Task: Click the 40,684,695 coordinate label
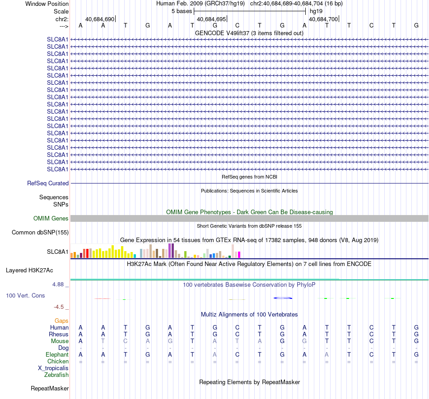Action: [x=211, y=19]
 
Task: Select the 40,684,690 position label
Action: [x=100, y=19]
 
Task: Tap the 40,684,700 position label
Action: [x=323, y=19]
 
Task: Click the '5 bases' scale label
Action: [x=182, y=11]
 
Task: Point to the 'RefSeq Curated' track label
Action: [x=48, y=183]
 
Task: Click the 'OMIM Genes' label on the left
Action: [x=51, y=219]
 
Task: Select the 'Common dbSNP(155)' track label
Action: [x=40, y=232]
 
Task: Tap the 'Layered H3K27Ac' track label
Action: [x=29, y=271]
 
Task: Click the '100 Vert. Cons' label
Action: [x=25, y=295]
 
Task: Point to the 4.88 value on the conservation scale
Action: [x=58, y=284]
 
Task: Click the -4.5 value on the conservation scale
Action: [x=59, y=307]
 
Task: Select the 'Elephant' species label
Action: [x=57, y=355]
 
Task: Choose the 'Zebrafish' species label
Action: [x=56, y=375]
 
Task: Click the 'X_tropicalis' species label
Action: [x=53, y=368]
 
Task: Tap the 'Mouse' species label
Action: [x=60, y=341]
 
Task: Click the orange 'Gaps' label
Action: [x=61, y=321]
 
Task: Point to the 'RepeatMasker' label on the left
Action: [x=50, y=388]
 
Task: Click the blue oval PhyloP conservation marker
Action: [x=283, y=298]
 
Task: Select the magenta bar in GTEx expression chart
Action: [x=239, y=255]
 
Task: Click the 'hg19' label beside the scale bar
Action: [x=316, y=11]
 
